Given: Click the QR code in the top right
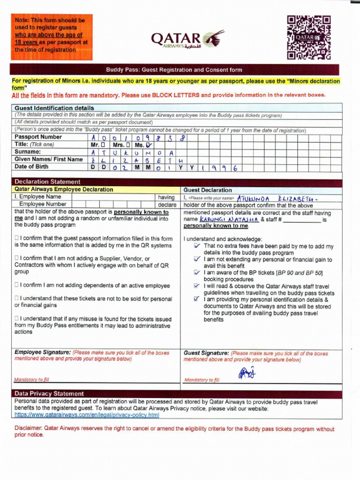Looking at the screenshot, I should pos(309,37).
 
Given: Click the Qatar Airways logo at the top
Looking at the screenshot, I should pos(187,40).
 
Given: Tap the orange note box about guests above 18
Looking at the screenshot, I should pos(52,37).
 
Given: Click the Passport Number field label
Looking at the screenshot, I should pos(38,137).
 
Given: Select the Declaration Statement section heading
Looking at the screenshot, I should pos(47,182).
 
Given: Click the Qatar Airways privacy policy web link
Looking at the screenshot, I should pos(87,415).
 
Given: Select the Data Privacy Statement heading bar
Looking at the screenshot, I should pos(49,394).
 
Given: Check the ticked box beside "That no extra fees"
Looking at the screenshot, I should pos(197,246).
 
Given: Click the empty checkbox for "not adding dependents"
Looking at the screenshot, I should pos(17,285).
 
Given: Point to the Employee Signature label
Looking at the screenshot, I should pos(43,352).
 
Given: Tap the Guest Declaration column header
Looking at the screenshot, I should pos(208,190).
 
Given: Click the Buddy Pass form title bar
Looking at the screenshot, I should pos(174,70).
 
